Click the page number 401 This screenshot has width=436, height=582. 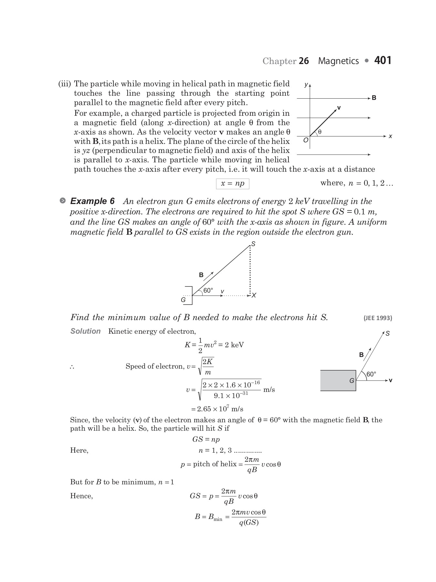coord(383,60)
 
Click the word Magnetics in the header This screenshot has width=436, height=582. coord(338,61)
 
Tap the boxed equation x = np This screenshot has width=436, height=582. coord(233,183)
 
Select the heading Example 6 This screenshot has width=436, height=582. coord(92,201)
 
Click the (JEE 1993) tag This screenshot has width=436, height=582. coord(378,318)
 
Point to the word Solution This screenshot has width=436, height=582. coord(86,331)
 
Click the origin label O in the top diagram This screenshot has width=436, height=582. coord(306,141)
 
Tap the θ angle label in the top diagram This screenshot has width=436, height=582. coord(320,132)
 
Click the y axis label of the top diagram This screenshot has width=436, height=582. coord(306,85)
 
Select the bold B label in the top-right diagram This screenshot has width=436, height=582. coord(374,98)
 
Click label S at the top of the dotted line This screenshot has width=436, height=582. coord(254,244)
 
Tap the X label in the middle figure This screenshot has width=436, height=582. coord(254,296)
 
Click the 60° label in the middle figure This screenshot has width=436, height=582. coord(208,290)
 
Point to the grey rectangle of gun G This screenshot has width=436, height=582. coord(338,381)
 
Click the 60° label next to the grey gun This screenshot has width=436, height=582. coord(371,374)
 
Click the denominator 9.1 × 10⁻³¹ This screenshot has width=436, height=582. coord(231,395)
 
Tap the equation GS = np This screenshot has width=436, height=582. coord(206,439)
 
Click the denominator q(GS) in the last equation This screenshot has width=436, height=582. coord(249,523)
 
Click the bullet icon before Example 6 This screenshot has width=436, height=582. coord(63,201)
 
